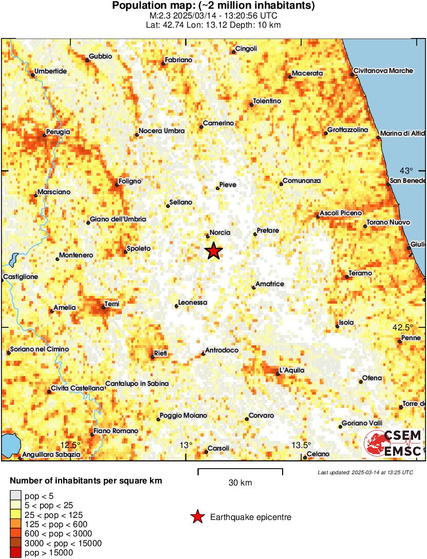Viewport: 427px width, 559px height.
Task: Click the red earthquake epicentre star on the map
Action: pyautogui.click(x=214, y=251)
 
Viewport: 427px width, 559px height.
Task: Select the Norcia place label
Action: pyautogui.click(x=220, y=233)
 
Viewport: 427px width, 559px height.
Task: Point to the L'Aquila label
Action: pyautogui.click(x=292, y=370)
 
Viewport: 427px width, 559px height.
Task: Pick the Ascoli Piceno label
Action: pyautogui.click(x=341, y=213)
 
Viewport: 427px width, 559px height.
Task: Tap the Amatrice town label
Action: pyautogui.click(x=270, y=284)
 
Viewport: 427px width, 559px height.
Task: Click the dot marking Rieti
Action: pyautogui.click(x=153, y=357)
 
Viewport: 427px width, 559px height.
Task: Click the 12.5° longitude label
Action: pyautogui.click(x=71, y=445)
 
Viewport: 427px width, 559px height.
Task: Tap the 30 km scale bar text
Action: pyautogui.click(x=240, y=482)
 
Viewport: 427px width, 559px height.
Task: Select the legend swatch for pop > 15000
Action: pyautogui.click(x=15, y=553)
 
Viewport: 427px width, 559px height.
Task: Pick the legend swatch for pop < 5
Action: pyautogui.click(x=15, y=495)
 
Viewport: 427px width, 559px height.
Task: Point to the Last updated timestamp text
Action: pyautogui.click(x=365, y=472)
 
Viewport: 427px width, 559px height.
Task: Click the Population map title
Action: pyautogui.click(x=213, y=6)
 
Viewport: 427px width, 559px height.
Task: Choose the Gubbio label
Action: pyautogui.click(x=100, y=57)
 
